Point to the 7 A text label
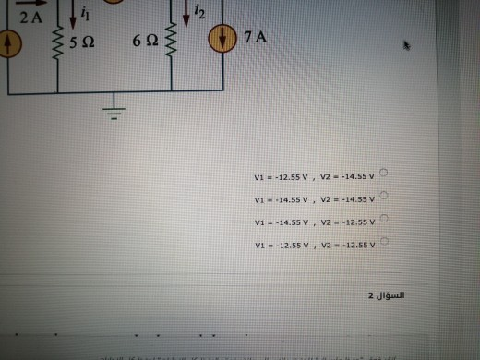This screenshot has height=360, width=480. (x=254, y=39)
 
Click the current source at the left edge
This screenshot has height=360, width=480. (x=8, y=42)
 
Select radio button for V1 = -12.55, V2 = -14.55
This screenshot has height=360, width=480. (x=381, y=174)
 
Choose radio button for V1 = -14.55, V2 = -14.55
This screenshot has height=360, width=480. (x=381, y=197)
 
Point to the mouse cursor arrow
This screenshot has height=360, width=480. (x=407, y=43)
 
